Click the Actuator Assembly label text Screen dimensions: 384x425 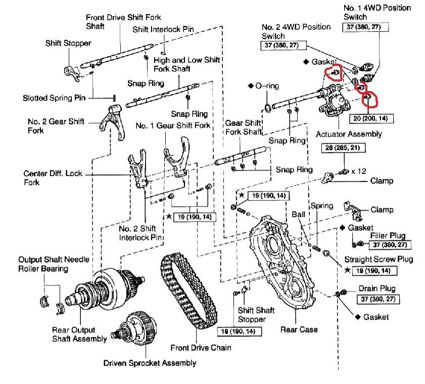pyautogui.click(x=349, y=134)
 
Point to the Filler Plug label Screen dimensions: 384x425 pyautogui.click(x=388, y=236)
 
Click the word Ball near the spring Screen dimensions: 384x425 pyautogui.click(x=298, y=215)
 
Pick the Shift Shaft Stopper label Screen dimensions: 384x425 pyautogui.click(x=251, y=315)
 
